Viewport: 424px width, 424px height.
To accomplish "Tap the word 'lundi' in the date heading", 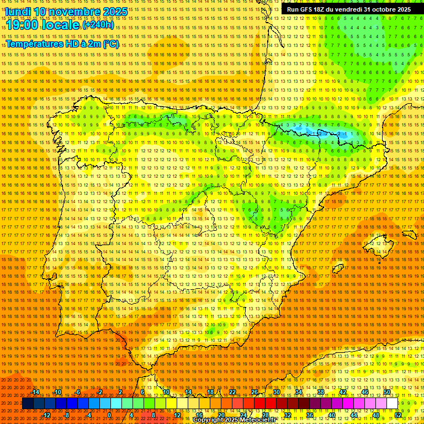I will point(18,12).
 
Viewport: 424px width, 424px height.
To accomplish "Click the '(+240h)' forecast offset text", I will point(98,25).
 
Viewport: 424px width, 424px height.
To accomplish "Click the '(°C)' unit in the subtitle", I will point(110,44).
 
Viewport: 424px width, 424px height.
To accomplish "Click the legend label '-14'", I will point(35,392).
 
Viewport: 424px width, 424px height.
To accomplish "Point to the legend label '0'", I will point(109,415).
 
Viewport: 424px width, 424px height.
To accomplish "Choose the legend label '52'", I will point(398,415).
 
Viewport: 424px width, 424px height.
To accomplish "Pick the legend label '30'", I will point(276,392).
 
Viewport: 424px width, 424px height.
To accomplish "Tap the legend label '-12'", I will point(46,415).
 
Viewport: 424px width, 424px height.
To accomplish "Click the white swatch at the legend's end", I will point(392,404).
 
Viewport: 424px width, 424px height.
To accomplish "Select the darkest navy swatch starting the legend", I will point(28,404).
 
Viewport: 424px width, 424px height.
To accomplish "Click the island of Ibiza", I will point(336,267).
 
